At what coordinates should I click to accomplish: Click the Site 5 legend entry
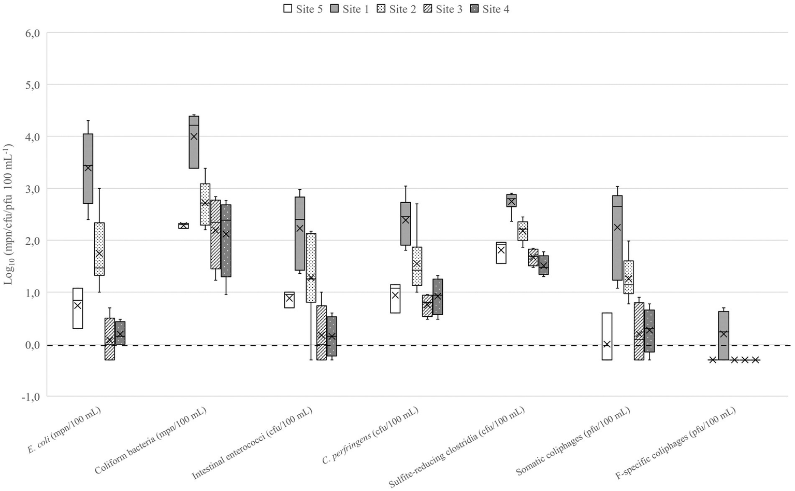point(303,9)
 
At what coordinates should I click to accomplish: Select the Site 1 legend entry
point(351,9)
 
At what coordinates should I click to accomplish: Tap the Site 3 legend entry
point(443,9)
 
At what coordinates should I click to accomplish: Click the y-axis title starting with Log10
point(9,214)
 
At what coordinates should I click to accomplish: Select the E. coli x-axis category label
point(64,430)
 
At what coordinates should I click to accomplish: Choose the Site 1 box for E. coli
point(88,169)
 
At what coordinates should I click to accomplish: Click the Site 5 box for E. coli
point(78,308)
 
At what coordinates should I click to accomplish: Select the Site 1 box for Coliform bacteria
point(194,142)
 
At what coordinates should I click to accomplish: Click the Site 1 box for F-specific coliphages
point(724,335)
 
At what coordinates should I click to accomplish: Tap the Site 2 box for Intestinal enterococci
point(311,268)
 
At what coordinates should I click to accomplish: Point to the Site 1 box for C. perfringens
point(406,223)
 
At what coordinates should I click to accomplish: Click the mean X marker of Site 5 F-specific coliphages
point(713,360)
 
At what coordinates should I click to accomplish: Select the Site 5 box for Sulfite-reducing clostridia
point(501,252)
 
